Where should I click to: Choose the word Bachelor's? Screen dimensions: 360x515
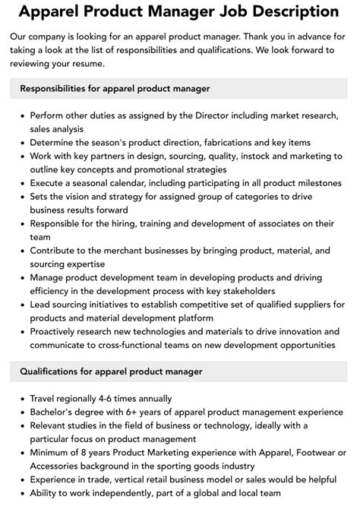[x=57, y=411]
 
